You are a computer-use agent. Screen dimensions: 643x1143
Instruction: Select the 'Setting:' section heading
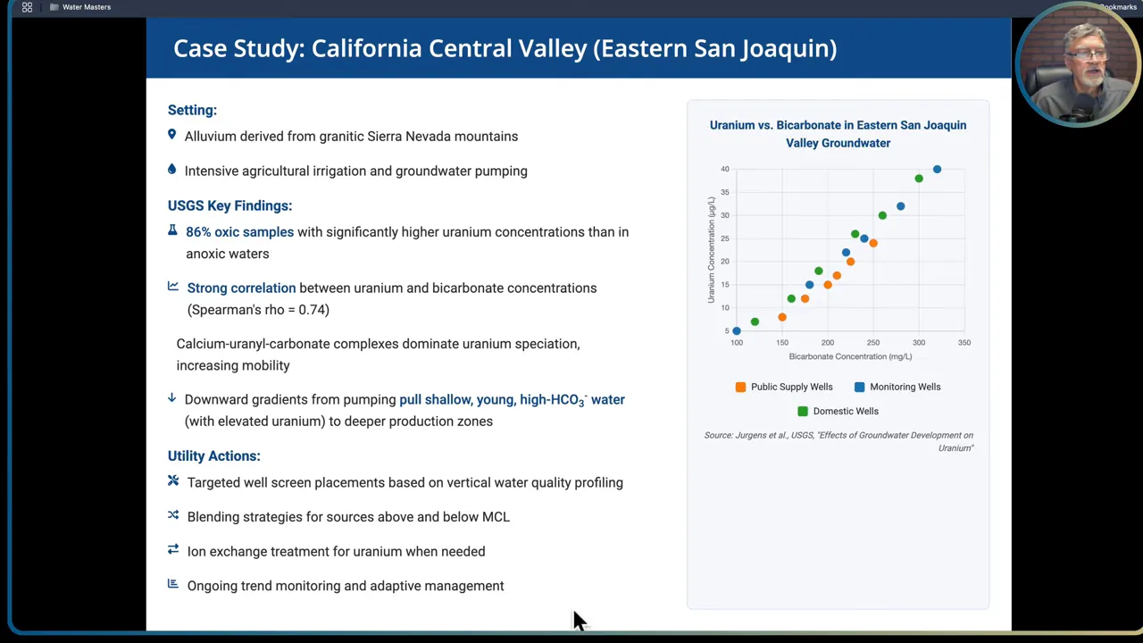[192, 110]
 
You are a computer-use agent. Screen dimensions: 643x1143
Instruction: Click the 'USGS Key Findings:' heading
[229, 205]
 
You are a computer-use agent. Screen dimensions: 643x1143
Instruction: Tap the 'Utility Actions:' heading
[213, 455]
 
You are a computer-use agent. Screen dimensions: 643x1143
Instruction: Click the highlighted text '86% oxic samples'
[239, 232]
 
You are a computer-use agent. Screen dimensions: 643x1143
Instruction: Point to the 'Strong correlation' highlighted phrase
[241, 288]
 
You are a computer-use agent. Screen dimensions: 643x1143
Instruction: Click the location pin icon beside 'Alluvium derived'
[172, 135]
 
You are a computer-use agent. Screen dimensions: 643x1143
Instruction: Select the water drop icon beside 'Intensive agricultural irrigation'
[172, 170]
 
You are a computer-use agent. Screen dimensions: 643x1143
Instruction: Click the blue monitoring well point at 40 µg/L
[937, 169]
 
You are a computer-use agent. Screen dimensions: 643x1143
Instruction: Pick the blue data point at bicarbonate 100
[737, 331]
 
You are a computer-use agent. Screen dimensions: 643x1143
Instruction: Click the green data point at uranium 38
[919, 179]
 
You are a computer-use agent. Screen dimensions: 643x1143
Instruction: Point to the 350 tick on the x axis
[964, 343]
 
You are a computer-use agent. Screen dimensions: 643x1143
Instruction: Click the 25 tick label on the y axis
[724, 238]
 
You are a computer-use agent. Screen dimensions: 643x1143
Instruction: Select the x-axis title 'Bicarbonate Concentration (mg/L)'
[850, 356]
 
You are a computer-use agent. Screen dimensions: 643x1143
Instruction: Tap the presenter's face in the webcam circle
[1077, 63]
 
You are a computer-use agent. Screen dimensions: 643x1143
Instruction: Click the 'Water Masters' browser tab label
[87, 7]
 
